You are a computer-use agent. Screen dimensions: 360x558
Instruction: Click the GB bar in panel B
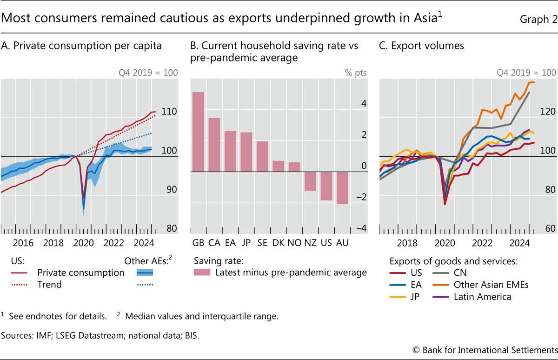tap(199, 132)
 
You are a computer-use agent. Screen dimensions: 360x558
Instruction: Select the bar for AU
tap(342, 187)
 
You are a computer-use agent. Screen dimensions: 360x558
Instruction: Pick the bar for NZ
tap(311, 181)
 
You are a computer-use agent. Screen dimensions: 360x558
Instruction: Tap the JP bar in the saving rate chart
tap(246, 152)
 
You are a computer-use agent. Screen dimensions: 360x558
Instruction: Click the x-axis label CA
tap(214, 243)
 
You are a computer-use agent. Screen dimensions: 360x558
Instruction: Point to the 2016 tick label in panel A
tap(23, 243)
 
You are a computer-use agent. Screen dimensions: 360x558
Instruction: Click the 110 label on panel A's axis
tap(169, 112)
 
